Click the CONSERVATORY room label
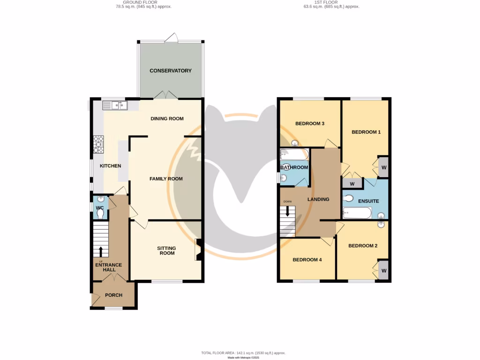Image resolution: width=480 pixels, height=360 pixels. pyautogui.click(x=171, y=71)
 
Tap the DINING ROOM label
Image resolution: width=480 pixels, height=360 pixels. pyautogui.click(x=167, y=119)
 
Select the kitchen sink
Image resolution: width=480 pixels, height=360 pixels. pyautogui.click(x=119, y=106)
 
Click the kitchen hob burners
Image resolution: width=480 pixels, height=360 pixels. pyautogui.click(x=99, y=144)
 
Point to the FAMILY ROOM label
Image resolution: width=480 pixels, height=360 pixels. pyautogui.click(x=166, y=179)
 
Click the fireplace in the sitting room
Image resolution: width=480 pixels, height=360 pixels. pyautogui.click(x=198, y=249)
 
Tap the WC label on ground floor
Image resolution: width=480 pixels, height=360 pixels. pyautogui.click(x=99, y=208)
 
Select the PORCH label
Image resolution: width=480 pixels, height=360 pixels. pyautogui.click(x=113, y=295)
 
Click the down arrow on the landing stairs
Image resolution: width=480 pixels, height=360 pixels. pyautogui.click(x=287, y=211)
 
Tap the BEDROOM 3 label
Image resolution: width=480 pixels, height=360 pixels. pyautogui.click(x=310, y=124)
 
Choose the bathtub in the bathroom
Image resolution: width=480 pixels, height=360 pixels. pyautogui.click(x=294, y=154)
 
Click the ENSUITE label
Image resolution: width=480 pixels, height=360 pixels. pyautogui.click(x=368, y=201)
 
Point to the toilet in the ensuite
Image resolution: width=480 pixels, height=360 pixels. pyautogui.click(x=348, y=198)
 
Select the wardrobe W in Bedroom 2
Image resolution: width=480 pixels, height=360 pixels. pyautogui.click(x=383, y=270)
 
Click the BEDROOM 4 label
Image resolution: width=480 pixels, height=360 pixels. pyautogui.click(x=307, y=260)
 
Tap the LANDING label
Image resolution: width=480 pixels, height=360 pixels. pyautogui.click(x=318, y=199)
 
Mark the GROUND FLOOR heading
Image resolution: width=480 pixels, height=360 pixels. pyautogui.click(x=143, y=3)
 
